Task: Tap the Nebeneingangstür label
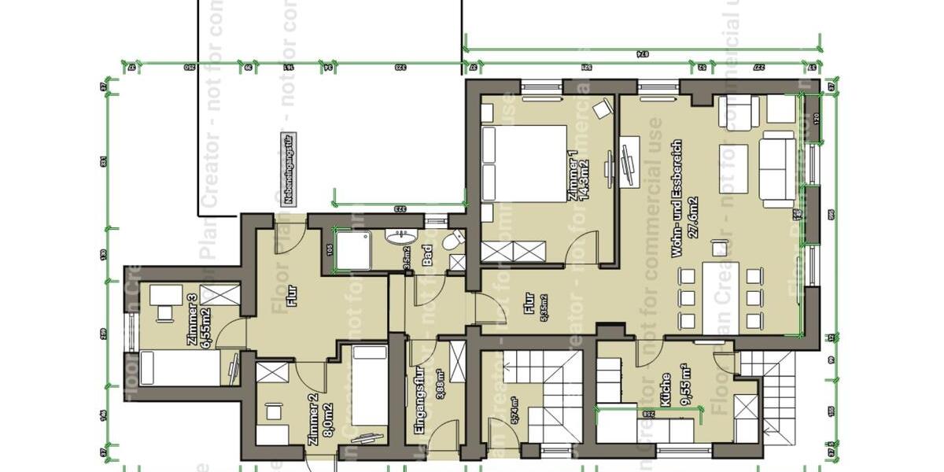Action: [x=289, y=169]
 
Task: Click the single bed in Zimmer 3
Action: [x=180, y=369]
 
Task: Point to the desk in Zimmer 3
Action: [x=164, y=295]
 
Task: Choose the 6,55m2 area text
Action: [x=206, y=318]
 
